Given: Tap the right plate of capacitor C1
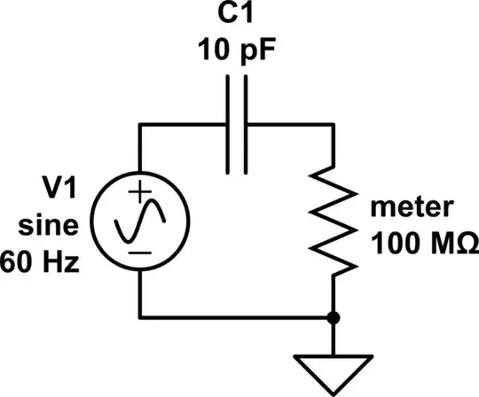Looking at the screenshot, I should click(247, 124).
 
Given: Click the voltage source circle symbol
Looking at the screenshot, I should click(141, 221).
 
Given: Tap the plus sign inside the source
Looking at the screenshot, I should click(141, 191).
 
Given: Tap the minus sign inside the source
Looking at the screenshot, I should click(141, 253).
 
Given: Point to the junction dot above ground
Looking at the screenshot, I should click(333, 316).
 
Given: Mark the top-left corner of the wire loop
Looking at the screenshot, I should click(141, 125).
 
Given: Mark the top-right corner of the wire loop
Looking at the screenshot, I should click(333, 125).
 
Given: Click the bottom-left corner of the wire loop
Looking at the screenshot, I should click(141, 316).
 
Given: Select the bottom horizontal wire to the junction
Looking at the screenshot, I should click(235, 316).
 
